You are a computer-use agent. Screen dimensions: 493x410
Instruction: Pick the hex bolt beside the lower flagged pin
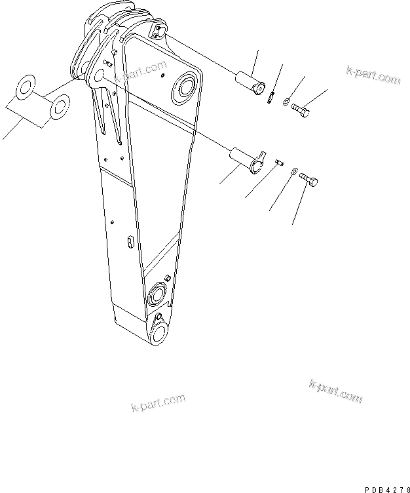click(x=310, y=178)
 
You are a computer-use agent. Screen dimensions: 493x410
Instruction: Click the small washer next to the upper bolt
click(x=287, y=102)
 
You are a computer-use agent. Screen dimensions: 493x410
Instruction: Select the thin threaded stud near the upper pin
click(x=270, y=97)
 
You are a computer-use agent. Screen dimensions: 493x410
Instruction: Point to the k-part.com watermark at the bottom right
click(x=335, y=391)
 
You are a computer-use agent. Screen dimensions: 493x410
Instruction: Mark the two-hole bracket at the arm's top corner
click(x=157, y=31)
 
